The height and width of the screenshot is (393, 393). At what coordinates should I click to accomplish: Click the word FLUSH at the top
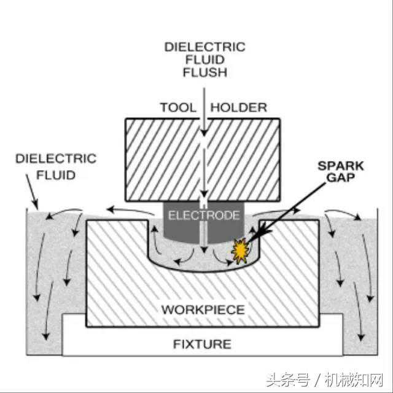204,72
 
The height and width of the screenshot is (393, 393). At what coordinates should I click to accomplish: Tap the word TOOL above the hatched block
178,107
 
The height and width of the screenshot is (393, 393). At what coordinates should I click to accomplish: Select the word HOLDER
239,107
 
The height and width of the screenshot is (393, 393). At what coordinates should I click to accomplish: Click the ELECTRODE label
203,215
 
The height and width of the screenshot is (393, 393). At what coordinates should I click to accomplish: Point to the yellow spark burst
239,250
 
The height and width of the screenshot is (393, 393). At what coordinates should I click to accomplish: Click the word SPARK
341,166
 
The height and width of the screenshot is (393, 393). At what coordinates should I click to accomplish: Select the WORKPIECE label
203,309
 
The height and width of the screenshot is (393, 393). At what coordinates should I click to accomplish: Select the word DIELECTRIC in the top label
204,47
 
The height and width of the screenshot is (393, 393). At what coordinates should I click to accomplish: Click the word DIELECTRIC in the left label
56,159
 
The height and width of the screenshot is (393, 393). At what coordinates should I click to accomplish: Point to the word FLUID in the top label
204,60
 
